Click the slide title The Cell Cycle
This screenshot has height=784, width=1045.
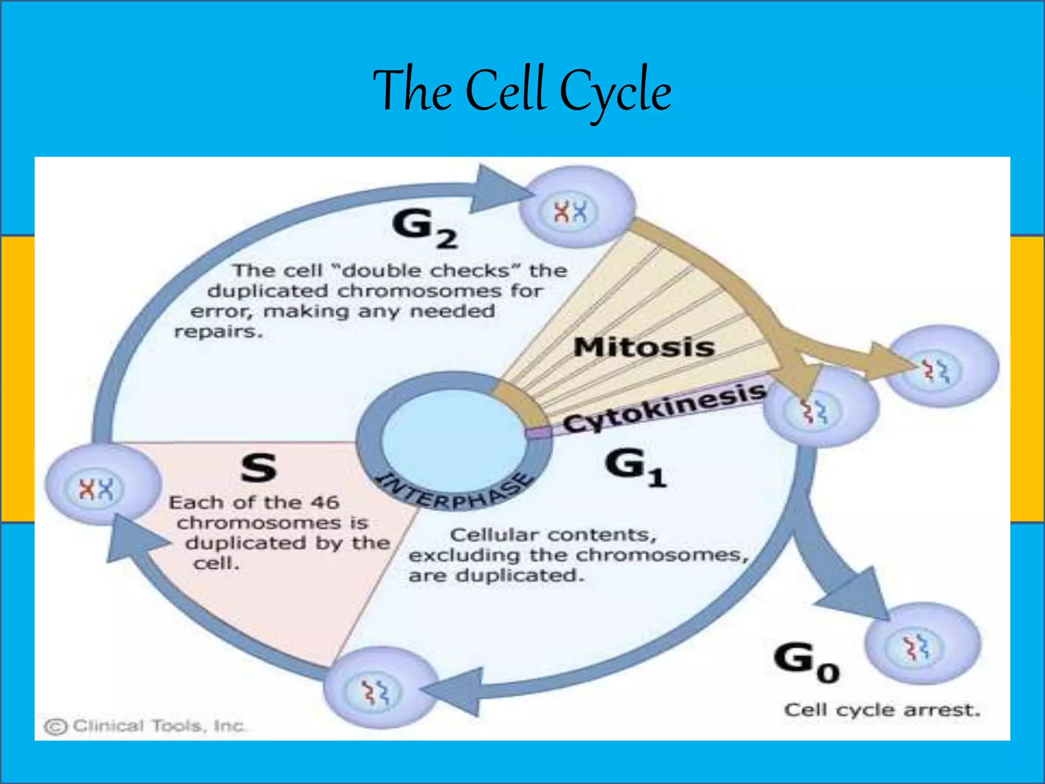click(x=522, y=91)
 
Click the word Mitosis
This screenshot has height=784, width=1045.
click(x=644, y=348)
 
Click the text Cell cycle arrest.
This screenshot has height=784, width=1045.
click(x=882, y=710)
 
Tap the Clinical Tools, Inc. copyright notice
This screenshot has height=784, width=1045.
click(x=145, y=726)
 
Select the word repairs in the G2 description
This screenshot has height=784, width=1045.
click(x=218, y=332)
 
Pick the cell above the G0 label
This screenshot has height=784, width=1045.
click(x=923, y=643)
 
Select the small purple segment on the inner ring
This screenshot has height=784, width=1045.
click(x=539, y=433)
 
